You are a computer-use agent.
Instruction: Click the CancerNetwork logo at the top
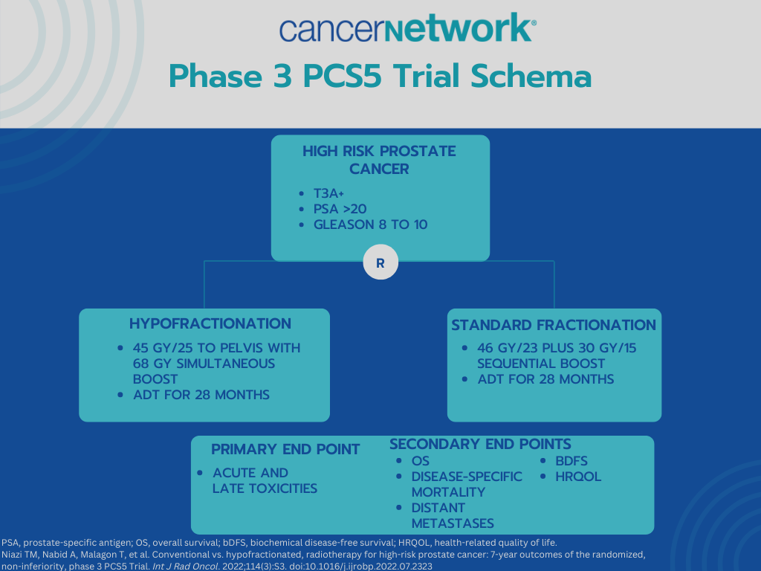407,29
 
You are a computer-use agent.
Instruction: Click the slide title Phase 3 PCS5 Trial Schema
380,77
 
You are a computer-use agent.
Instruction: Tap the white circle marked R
380,262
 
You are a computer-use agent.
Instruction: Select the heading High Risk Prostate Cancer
379,160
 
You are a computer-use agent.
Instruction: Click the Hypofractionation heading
210,324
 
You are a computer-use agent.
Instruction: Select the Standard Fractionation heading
554,325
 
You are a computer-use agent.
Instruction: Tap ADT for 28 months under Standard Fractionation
545,379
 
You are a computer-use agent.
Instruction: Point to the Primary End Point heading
285,449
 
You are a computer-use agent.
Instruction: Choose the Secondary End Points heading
480,444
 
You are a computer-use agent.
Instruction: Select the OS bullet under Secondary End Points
420,461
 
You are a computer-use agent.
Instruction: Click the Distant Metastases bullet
453,515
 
